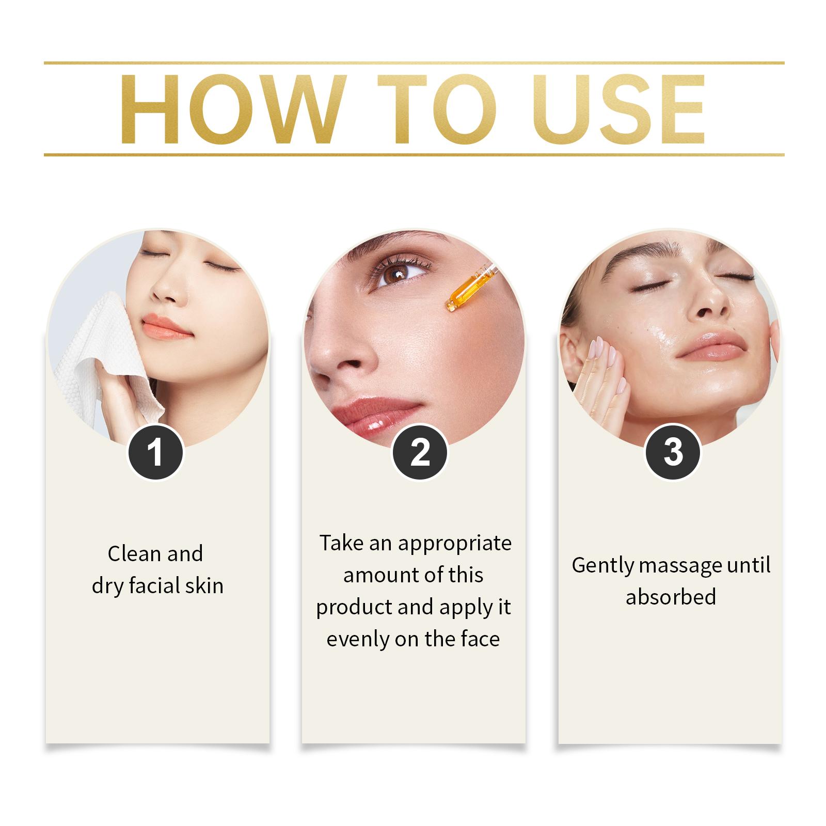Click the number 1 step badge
pyautogui.click(x=155, y=452)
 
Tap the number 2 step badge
pyautogui.click(x=420, y=452)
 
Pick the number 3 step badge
pyautogui.click(x=673, y=452)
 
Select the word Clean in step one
pyautogui.click(x=134, y=554)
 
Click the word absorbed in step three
pyautogui.click(x=671, y=597)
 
